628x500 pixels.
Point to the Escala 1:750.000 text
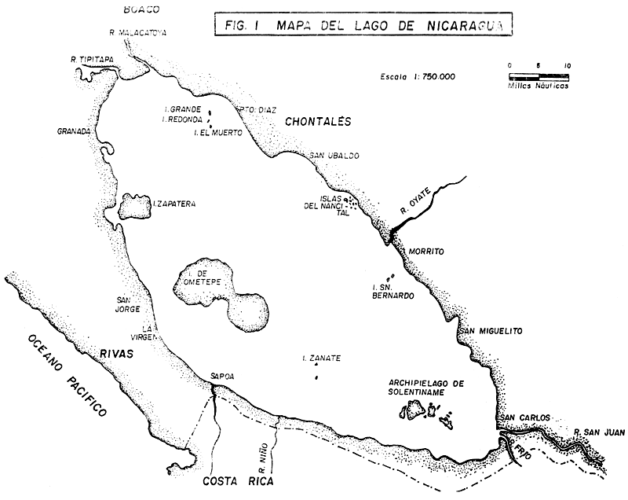pos(417,77)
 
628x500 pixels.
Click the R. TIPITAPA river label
pos(93,60)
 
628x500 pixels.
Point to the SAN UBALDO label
pos(334,156)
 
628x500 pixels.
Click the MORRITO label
pos(427,251)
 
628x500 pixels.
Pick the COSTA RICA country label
pos(236,482)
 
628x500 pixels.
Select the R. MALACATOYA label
pos(139,33)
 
